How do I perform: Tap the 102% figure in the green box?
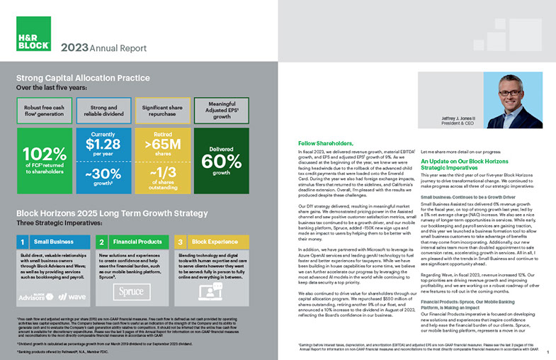(x=44, y=155)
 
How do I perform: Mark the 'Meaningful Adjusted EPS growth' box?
(x=221, y=111)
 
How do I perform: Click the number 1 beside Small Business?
(x=24, y=242)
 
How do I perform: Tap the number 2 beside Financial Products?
(x=102, y=242)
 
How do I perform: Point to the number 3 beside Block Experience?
(x=180, y=242)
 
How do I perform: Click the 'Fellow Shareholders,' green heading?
(x=325, y=143)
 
